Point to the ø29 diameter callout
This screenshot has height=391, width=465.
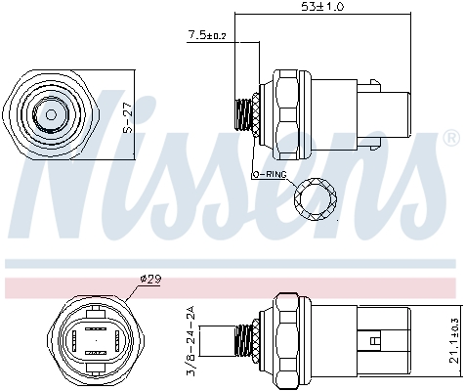point(149,280)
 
